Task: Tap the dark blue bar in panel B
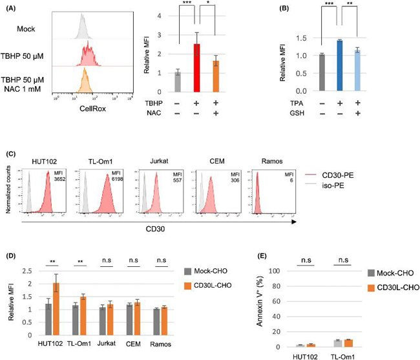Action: point(339,65)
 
